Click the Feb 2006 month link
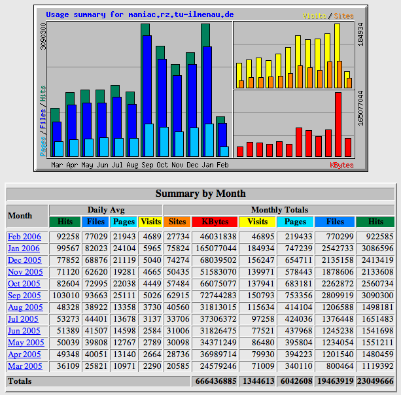24,237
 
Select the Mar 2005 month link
25,366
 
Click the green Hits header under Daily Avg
65,222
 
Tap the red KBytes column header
215,222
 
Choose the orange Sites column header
177,222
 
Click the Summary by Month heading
200,194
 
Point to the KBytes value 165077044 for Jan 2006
215,249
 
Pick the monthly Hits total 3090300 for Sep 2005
375,296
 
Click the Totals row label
20,381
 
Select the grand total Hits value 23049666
375,381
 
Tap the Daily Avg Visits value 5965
150,249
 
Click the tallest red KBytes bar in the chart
338,124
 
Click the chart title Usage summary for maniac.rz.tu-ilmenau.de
140,14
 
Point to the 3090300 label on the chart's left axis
43,37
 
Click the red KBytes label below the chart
341,165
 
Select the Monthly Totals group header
279,210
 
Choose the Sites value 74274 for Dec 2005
177,260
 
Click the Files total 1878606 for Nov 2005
334,272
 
